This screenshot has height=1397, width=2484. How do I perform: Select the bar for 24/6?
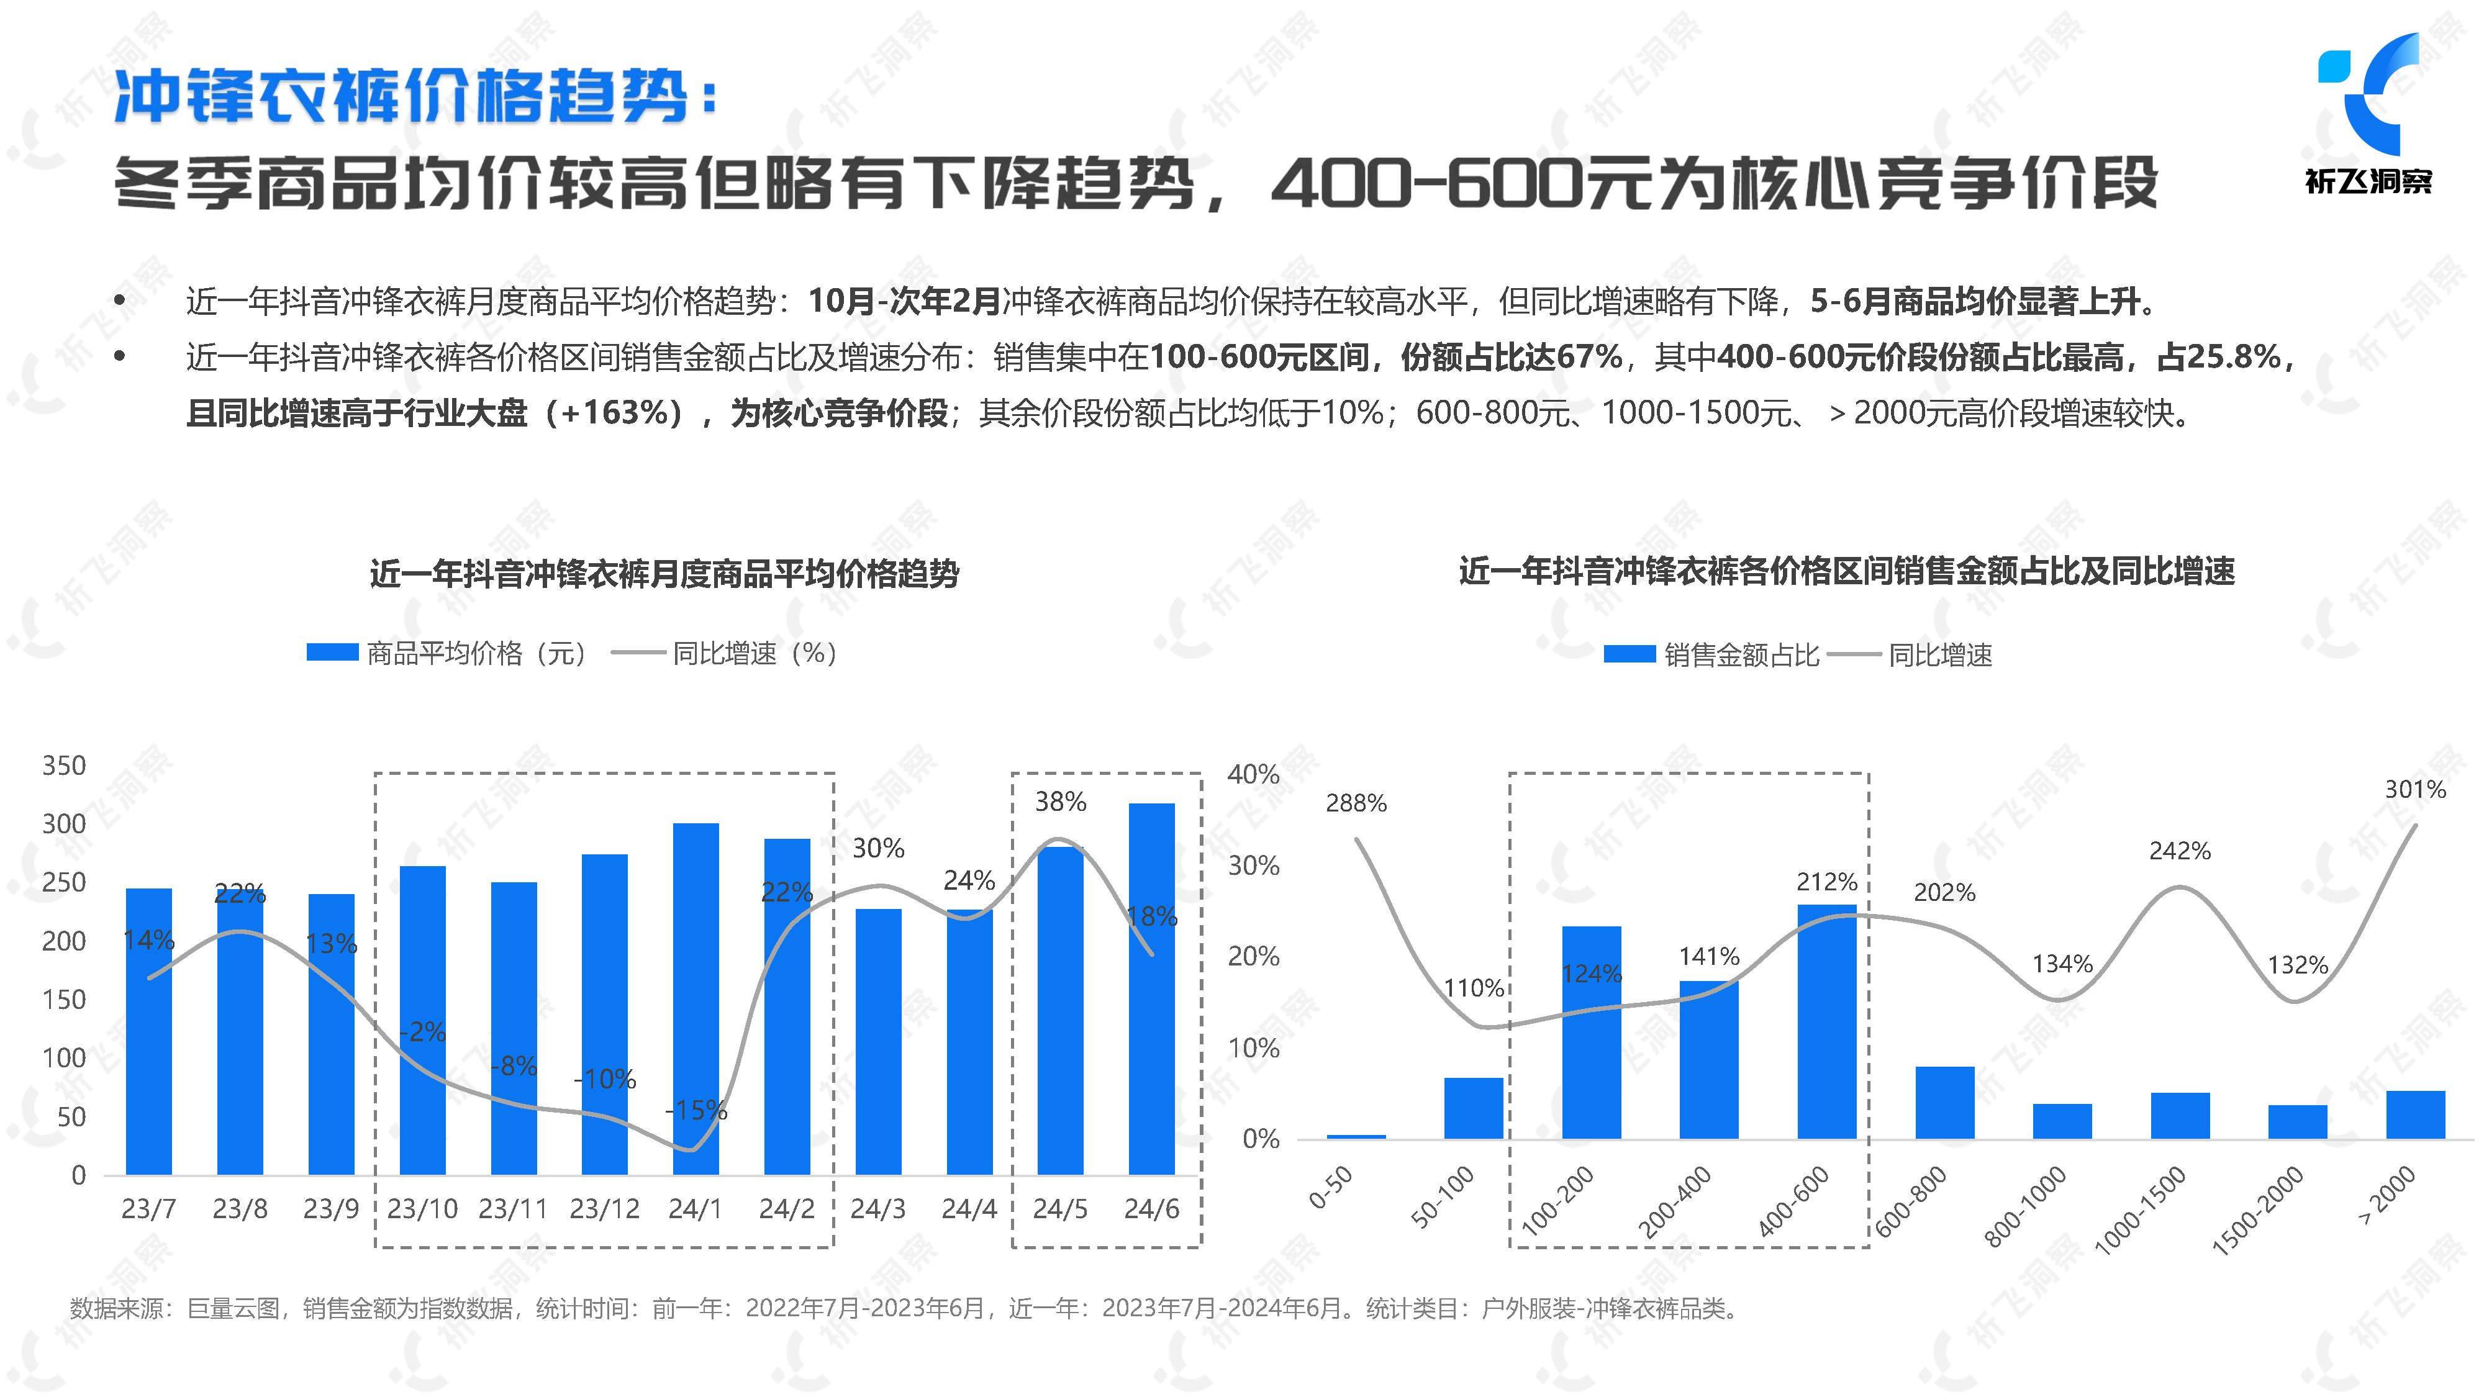tap(1151, 988)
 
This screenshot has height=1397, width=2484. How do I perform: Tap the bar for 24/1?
tap(696, 998)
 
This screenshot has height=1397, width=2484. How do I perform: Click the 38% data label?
tap(1060, 801)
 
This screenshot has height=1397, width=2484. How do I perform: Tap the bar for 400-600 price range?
tap(1826, 1022)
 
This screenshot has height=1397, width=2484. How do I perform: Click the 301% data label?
tap(2414, 790)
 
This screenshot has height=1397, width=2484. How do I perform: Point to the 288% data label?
tap(1356, 803)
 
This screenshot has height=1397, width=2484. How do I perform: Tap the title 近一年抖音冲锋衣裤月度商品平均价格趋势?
tap(664, 574)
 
